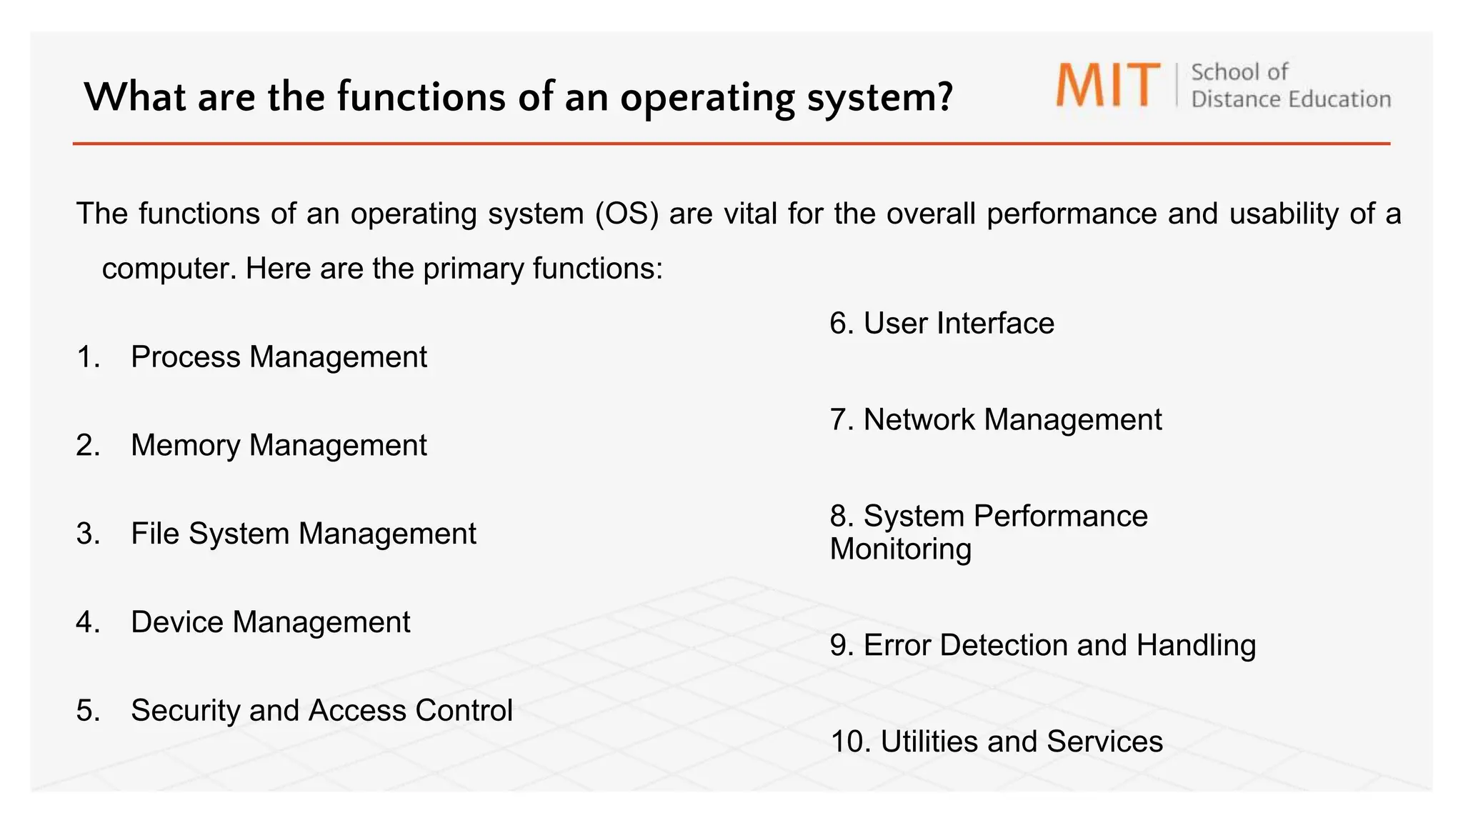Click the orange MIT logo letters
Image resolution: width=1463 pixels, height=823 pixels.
pos(1107,85)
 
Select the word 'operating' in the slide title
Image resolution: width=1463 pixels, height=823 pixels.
pos(706,98)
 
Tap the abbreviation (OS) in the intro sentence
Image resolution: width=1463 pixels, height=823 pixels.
pos(626,214)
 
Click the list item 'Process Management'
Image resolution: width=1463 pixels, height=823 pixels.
pos(279,356)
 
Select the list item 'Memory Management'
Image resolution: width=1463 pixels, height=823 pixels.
pos(279,445)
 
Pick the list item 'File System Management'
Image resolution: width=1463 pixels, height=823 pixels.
pos(303,534)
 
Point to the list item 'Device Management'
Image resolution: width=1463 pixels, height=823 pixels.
pos(270,622)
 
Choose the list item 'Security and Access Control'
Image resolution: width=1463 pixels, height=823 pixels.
pos(321,710)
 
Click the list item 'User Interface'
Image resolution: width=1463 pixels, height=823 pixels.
pos(958,323)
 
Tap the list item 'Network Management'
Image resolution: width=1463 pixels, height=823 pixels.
pos(1012,419)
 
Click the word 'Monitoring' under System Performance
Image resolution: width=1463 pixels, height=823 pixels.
pos(900,549)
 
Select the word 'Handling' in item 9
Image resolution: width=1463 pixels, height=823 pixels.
pos(1195,645)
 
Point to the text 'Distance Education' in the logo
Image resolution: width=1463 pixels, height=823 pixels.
pos(1290,99)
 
